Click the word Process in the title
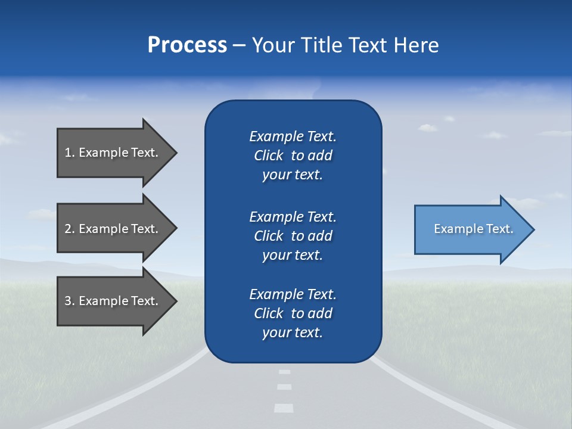(187, 45)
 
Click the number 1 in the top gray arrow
(67, 153)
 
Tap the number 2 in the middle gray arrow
(67, 229)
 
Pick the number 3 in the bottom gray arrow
(67, 301)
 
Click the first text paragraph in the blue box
(293, 156)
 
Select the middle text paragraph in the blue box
(293, 236)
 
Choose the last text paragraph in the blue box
(293, 313)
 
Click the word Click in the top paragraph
(269, 156)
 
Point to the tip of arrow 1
(176, 153)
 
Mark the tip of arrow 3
(176, 301)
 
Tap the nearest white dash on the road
(284, 408)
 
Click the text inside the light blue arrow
(473, 229)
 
